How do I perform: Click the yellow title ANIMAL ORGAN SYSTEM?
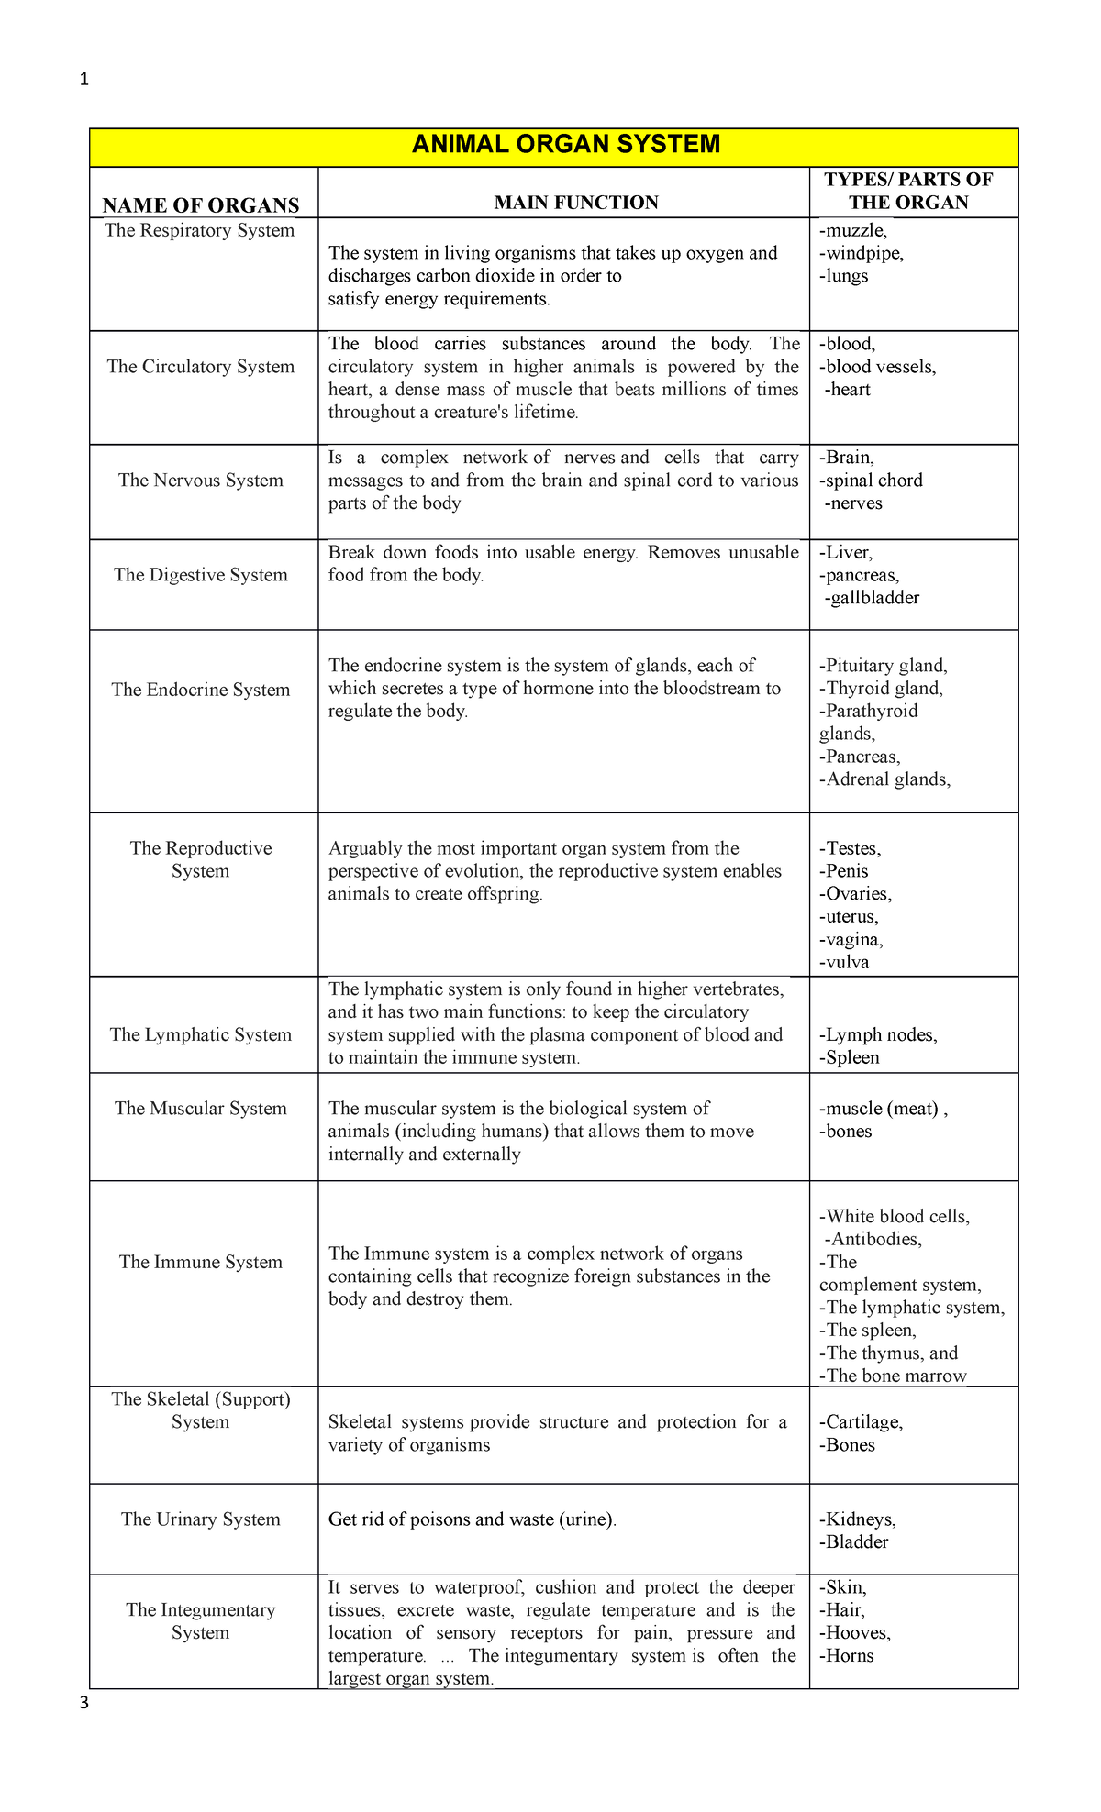click(x=566, y=145)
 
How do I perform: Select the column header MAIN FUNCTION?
click(x=576, y=203)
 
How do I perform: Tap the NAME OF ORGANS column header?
click(x=201, y=205)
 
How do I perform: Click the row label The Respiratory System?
click(x=200, y=231)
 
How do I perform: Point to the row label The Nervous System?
click(x=201, y=481)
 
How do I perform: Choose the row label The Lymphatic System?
click(x=201, y=1035)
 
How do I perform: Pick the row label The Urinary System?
click(x=201, y=1519)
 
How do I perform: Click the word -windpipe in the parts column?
click(x=861, y=254)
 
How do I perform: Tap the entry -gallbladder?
click(x=872, y=599)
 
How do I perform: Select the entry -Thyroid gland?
click(x=881, y=689)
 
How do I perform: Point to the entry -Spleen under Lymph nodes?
click(x=850, y=1058)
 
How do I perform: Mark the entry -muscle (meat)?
click(x=881, y=1109)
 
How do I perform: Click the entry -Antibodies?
click(x=873, y=1240)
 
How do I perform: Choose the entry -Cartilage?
click(x=861, y=1422)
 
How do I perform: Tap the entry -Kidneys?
click(x=857, y=1519)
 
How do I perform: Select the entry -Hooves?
click(x=854, y=1633)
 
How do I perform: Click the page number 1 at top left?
click(x=84, y=80)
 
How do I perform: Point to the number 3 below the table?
click(x=84, y=1704)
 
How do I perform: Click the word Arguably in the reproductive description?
click(x=365, y=849)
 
